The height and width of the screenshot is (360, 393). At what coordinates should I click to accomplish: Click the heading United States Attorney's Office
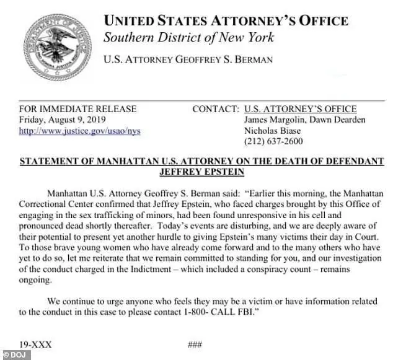pos(226,20)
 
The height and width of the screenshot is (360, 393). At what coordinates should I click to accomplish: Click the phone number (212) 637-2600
pos(273,142)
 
